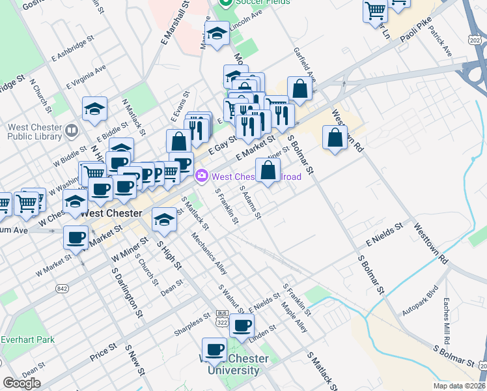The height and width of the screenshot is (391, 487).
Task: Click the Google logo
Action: pos(22,383)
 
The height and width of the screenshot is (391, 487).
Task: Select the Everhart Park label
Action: pos(27,340)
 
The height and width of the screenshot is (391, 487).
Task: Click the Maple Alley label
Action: pos(293,317)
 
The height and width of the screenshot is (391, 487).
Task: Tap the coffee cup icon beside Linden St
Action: pos(242,325)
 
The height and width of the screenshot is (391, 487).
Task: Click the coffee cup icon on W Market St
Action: pos(76,236)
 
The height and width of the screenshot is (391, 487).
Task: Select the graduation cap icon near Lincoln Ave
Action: pos(217,33)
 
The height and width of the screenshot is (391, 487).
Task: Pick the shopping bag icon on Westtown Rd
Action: pos(335,138)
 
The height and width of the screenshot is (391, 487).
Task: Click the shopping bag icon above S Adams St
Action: pos(268,170)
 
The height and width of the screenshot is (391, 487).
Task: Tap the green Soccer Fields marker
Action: pos(227,3)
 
